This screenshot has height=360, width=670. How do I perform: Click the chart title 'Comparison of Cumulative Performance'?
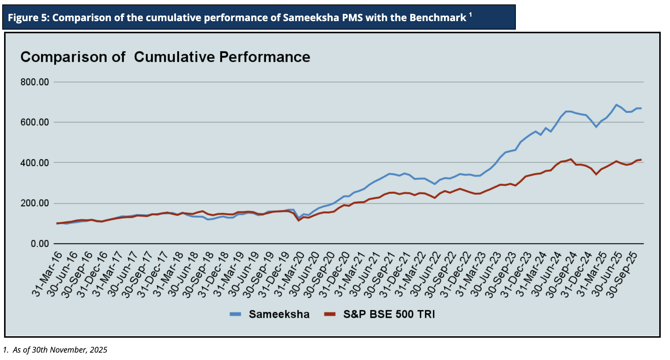click(x=165, y=57)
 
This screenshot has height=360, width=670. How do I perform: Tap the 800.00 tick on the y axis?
click(x=35, y=82)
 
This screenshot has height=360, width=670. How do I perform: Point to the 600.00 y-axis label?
click(x=35, y=122)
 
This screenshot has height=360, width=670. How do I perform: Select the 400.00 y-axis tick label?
click(x=35, y=163)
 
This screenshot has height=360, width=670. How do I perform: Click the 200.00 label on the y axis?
click(x=35, y=203)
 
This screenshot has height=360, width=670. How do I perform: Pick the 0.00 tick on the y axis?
click(x=40, y=244)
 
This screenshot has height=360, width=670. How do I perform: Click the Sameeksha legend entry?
click(x=279, y=314)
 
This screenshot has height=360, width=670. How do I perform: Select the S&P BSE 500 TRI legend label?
click(x=389, y=314)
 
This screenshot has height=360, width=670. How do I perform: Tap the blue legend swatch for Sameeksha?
click(x=235, y=314)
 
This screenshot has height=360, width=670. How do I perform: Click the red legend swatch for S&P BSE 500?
click(x=329, y=314)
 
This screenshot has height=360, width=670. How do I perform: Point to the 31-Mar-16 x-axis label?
click(x=47, y=274)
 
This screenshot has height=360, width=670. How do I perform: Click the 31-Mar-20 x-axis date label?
click(x=289, y=274)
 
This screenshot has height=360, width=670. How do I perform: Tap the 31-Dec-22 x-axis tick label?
click(x=456, y=274)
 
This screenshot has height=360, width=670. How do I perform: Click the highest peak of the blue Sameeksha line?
click(x=616, y=105)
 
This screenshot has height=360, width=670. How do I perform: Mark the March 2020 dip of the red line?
click(x=298, y=220)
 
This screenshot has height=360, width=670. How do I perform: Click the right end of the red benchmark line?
click(x=641, y=160)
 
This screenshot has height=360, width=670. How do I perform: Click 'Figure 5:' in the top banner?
click(x=28, y=18)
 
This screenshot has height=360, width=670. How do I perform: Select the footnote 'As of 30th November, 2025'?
click(x=60, y=350)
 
